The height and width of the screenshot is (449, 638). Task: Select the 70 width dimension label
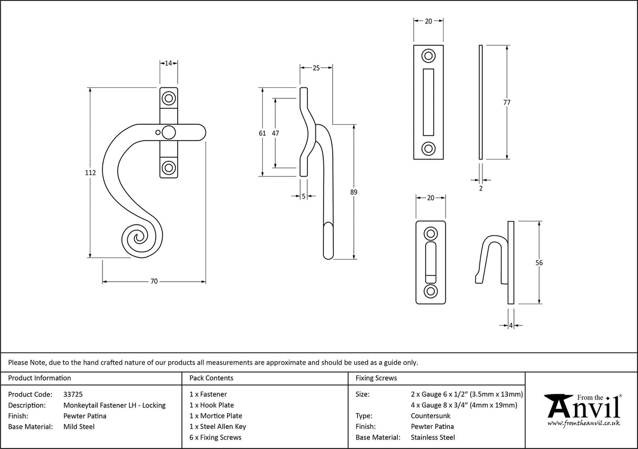tap(154, 282)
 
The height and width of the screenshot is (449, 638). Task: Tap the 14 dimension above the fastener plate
tap(169, 63)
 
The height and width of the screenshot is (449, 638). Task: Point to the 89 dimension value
tap(353, 192)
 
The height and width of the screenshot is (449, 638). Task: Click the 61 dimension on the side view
tap(262, 133)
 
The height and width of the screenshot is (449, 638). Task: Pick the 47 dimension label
tap(275, 133)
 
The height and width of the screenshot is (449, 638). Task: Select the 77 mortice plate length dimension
tap(507, 103)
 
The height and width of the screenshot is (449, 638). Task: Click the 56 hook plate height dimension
tap(539, 263)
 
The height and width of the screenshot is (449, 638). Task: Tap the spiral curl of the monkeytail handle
tap(138, 240)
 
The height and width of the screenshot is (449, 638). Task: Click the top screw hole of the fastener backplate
tap(169, 98)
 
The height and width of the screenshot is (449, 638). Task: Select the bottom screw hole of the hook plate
tap(430, 291)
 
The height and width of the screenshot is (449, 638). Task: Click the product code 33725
tap(73, 394)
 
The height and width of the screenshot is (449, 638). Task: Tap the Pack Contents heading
tap(211, 378)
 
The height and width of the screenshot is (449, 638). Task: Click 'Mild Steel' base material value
tap(79, 426)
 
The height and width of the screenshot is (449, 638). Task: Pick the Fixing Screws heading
tap(376, 378)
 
